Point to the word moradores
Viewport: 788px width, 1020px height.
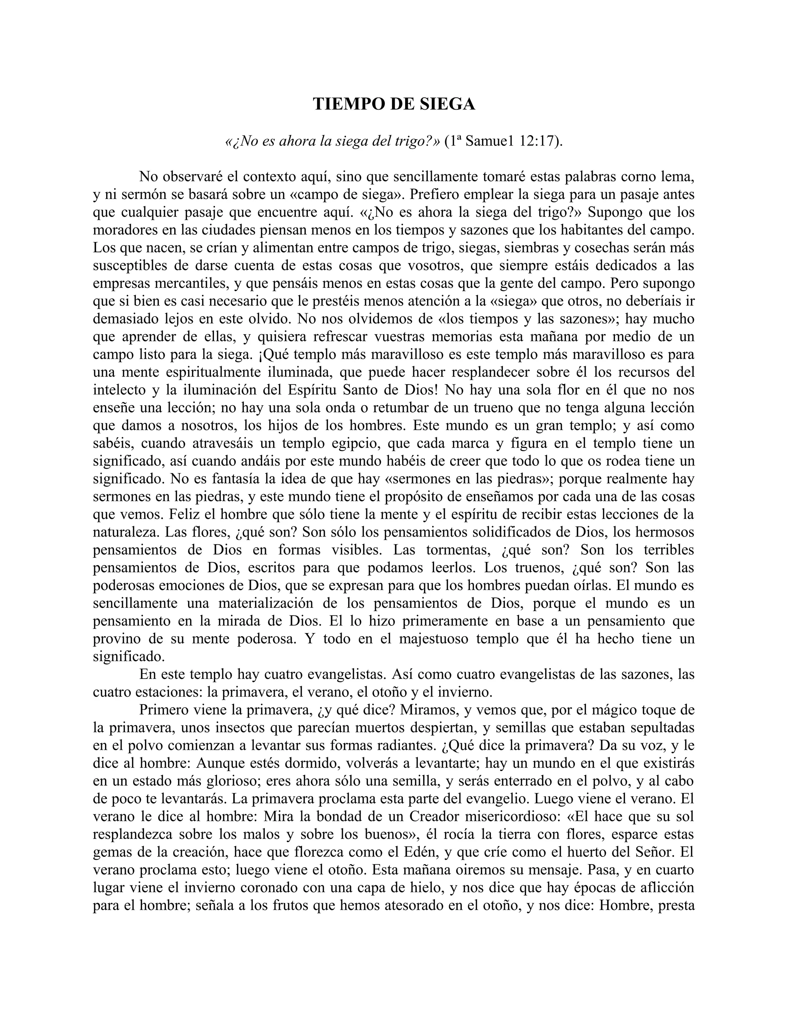click(x=124, y=230)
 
